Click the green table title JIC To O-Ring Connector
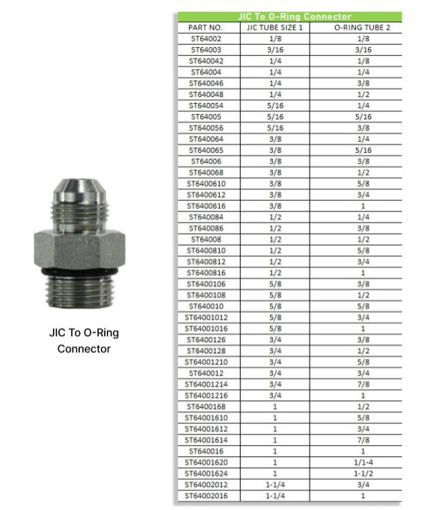click(295, 16)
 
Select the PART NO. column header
click(205, 28)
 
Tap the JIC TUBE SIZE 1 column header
click(275, 28)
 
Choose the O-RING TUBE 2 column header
click(362, 28)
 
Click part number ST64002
click(206, 39)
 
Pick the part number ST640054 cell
click(206, 106)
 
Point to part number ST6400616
click(206, 206)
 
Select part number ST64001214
click(206, 384)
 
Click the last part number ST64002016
click(206, 496)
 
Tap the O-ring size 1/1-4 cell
click(363, 462)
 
